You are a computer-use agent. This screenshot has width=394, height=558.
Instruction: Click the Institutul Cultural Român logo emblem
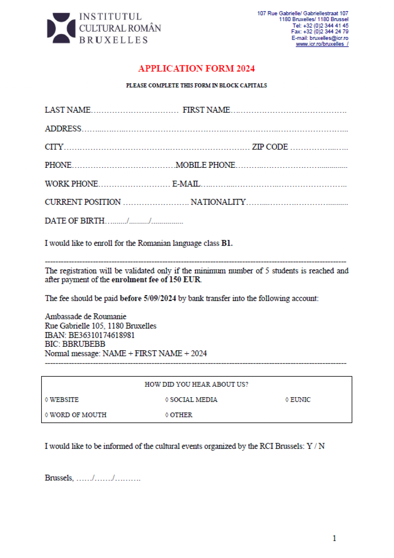click(61, 28)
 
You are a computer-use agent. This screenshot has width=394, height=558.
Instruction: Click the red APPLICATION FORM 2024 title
click(196, 68)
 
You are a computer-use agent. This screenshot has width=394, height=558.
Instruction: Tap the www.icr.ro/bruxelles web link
click(322, 44)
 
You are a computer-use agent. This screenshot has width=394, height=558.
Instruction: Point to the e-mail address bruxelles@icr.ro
click(329, 38)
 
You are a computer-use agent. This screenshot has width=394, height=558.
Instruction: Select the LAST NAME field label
click(68, 110)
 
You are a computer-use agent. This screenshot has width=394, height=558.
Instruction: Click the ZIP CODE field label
click(270, 147)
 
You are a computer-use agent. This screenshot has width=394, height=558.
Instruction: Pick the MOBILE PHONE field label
click(205, 165)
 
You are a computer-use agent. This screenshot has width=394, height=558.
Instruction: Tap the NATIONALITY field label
click(218, 202)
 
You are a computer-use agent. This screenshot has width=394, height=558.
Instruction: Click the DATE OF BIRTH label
click(75, 221)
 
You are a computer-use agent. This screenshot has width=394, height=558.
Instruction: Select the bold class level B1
click(227, 243)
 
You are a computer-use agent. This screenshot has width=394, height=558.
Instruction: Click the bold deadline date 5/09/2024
click(160, 298)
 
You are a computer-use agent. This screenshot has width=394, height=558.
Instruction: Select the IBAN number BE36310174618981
click(102, 335)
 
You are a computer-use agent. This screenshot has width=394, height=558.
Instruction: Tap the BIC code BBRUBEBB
click(83, 344)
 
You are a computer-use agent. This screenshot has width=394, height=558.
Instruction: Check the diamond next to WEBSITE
click(47, 400)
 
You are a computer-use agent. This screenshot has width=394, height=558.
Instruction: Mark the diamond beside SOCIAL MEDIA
click(167, 400)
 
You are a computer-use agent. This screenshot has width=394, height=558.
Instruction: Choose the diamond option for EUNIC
click(287, 400)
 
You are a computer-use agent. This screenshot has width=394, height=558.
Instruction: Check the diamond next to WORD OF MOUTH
click(47, 415)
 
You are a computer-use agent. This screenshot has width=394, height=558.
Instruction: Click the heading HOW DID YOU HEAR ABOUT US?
click(196, 384)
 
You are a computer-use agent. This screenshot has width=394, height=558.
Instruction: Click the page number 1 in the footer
click(334, 538)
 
